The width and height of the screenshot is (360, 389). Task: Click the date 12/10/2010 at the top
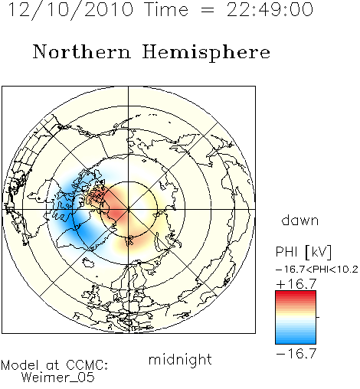70,9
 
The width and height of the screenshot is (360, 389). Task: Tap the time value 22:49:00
270,9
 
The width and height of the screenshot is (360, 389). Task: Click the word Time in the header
166,9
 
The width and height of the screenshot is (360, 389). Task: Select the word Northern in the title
82,51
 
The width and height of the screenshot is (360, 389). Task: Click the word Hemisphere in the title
206,53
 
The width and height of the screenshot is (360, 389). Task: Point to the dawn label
300,220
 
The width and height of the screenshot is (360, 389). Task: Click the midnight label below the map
180,360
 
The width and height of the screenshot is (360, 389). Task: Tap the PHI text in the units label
286,252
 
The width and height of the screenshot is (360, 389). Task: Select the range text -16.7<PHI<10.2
317,270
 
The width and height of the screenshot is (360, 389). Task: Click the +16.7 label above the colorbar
296,284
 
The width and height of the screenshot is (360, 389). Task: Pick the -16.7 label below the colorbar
296,354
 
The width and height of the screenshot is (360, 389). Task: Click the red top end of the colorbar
296,293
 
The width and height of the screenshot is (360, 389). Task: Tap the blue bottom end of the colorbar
296,342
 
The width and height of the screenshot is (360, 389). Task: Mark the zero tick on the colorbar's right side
318,317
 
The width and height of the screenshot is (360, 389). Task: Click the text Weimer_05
58,377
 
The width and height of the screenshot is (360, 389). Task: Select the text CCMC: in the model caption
87,365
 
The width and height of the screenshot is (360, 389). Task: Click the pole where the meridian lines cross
129,209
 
